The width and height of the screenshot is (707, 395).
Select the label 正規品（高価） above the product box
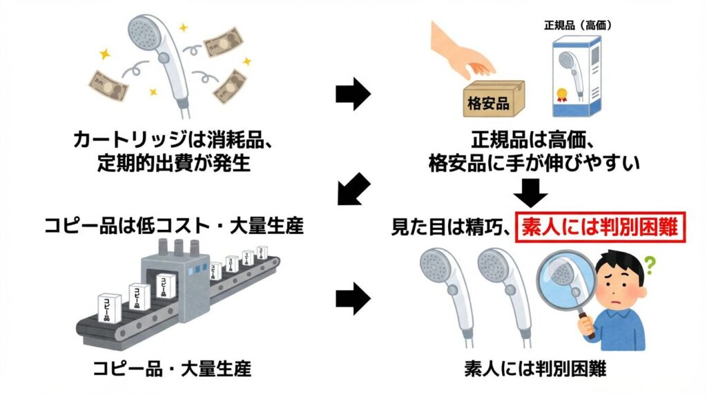(577, 26)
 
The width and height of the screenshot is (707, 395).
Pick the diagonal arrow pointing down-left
(353, 189)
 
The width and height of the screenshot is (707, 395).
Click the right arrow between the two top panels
(353, 96)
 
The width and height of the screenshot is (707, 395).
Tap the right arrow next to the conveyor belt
(353, 298)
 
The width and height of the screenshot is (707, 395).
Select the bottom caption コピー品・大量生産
(173, 370)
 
